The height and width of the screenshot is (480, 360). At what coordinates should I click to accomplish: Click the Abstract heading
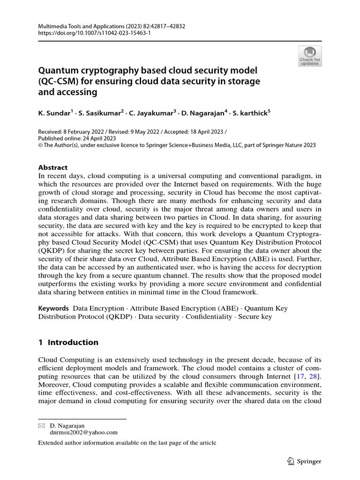[x=52, y=167]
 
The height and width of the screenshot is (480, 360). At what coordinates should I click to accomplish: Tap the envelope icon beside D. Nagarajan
[x=41, y=425]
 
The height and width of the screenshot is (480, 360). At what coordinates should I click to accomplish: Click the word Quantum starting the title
[x=60, y=70]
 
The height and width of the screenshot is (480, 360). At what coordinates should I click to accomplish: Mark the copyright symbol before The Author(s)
[x=40, y=145]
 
